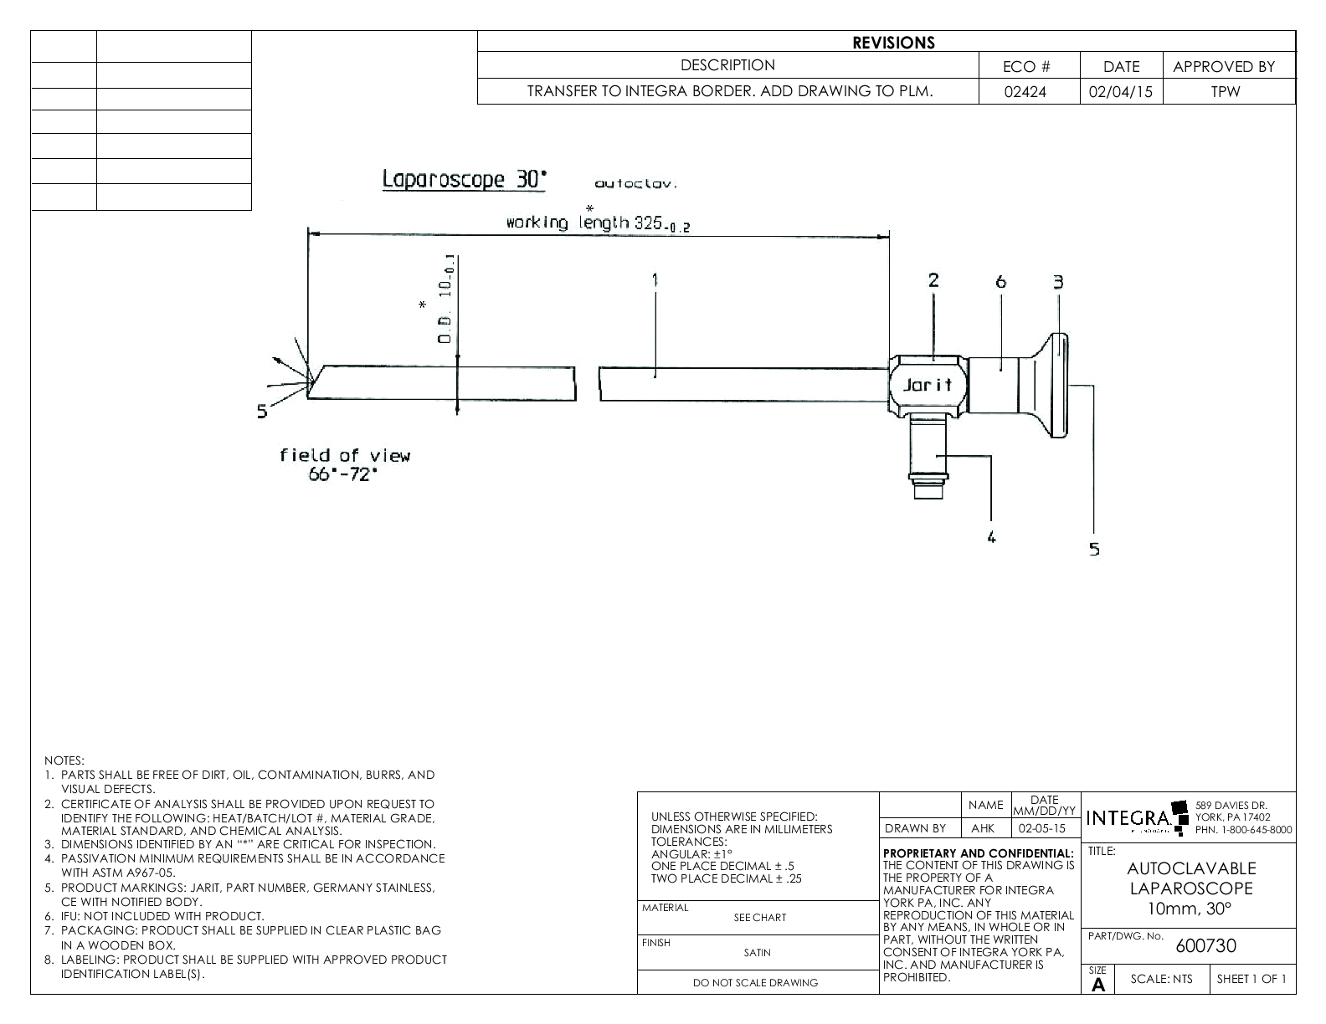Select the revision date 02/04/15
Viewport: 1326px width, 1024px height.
pyautogui.click(x=1121, y=92)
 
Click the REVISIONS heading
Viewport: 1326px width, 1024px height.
pyautogui.click(x=893, y=43)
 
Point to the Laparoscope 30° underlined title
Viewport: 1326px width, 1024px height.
pyautogui.click(x=465, y=179)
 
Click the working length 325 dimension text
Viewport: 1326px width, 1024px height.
pyautogui.click(x=598, y=223)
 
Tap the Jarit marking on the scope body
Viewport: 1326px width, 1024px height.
pyautogui.click(x=928, y=385)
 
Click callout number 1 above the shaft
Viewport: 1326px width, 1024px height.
pyautogui.click(x=655, y=280)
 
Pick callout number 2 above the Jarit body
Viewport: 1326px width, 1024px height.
pyautogui.click(x=933, y=280)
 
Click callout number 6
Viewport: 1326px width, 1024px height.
pyautogui.click(x=1000, y=282)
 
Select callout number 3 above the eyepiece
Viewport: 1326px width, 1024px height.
pyautogui.click(x=1058, y=282)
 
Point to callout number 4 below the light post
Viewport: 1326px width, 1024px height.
pyautogui.click(x=991, y=537)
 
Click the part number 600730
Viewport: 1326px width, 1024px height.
pyautogui.click(x=1205, y=946)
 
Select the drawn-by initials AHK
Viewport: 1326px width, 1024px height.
pyautogui.click(x=983, y=828)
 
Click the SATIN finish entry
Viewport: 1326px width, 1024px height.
pyautogui.click(x=757, y=952)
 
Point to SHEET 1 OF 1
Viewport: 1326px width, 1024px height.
pyautogui.click(x=1251, y=980)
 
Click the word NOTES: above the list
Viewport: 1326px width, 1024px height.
pyautogui.click(x=64, y=760)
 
